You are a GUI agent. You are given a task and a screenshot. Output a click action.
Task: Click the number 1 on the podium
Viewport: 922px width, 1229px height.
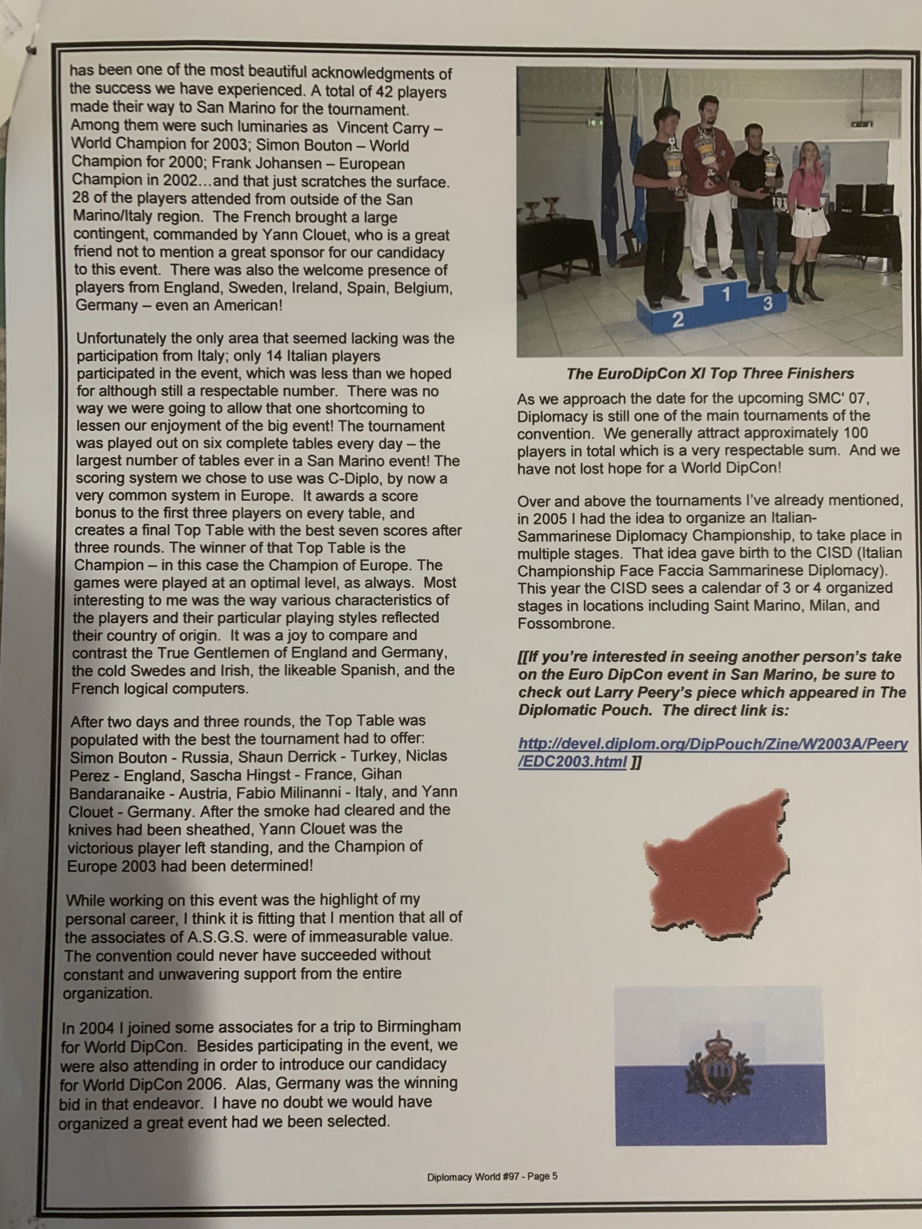[726, 294]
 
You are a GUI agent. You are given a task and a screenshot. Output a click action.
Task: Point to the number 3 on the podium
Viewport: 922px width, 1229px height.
[767, 304]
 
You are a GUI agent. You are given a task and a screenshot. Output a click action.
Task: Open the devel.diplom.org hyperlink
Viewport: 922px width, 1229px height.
[712, 752]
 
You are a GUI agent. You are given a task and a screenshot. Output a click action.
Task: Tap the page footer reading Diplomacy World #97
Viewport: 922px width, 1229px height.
[492, 1176]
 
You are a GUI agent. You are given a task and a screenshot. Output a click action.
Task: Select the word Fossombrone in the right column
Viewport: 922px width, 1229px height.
[566, 624]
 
